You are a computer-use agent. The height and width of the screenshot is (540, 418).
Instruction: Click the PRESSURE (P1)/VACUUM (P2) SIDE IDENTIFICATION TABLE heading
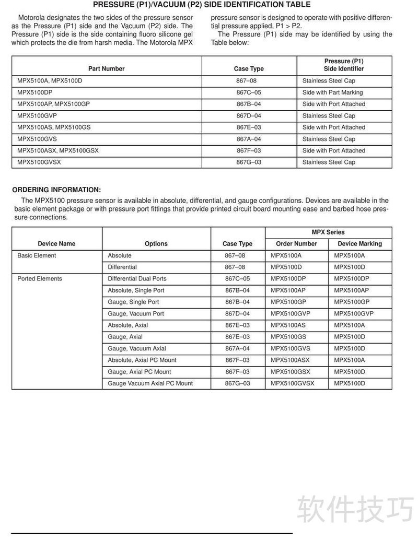click(x=202, y=5)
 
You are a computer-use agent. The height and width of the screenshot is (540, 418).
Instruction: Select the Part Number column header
click(x=107, y=68)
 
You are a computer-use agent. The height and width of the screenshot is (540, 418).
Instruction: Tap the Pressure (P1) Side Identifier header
click(x=343, y=65)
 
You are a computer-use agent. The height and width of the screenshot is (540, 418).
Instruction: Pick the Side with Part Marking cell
click(x=332, y=92)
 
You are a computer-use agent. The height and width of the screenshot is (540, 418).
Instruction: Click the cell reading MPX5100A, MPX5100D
click(x=50, y=81)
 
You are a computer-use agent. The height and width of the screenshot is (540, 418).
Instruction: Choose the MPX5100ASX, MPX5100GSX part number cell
click(x=58, y=150)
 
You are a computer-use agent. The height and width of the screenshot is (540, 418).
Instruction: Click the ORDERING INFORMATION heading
click(x=56, y=190)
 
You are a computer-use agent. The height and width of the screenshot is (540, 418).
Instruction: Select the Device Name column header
click(x=56, y=244)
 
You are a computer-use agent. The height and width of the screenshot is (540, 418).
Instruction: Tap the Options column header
click(x=156, y=244)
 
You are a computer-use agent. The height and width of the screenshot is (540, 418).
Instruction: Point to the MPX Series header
click(x=328, y=232)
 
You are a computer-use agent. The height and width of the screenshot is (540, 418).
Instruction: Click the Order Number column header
click(x=297, y=244)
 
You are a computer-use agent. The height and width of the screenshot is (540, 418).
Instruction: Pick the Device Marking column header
click(x=359, y=244)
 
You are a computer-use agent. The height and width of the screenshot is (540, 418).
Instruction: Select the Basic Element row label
click(x=37, y=255)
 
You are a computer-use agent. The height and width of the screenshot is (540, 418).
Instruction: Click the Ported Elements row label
click(x=40, y=279)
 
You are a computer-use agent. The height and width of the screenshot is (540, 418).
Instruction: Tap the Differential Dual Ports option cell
click(x=137, y=279)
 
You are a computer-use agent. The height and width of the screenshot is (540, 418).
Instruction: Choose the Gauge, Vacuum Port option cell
click(x=136, y=314)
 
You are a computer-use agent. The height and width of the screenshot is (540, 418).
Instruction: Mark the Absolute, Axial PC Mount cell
click(x=142, y=360)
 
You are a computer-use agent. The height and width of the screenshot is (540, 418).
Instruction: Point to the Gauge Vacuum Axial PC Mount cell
click(x=150, y=383)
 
